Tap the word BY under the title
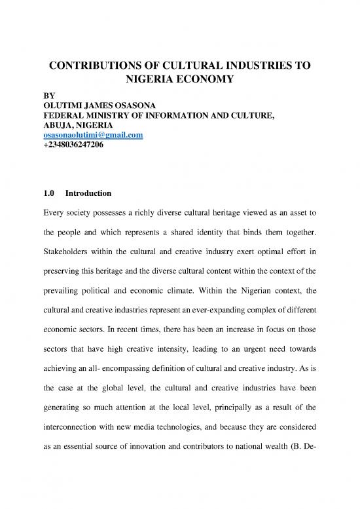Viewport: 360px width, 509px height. tap(41, 95)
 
